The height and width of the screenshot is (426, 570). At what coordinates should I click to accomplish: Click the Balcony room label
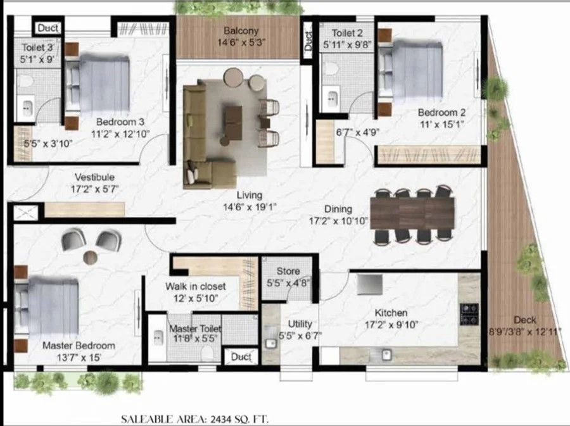tap(241, 31)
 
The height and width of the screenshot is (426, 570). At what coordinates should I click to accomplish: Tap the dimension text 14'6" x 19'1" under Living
tap(250, 208)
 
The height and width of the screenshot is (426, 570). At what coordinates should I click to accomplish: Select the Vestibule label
tap(94, 177)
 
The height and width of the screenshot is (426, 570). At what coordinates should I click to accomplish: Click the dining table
tap(412, 213)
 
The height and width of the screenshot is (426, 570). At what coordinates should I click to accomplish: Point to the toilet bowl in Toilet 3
tap(25, 80)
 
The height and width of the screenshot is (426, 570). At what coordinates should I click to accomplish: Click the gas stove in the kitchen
tap(469, 314)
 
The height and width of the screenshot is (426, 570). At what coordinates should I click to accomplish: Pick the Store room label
tap(288, 272)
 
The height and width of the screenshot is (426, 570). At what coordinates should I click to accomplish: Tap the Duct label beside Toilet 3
tap(48, 28)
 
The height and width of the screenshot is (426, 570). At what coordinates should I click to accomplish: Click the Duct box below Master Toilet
tap(241, 356)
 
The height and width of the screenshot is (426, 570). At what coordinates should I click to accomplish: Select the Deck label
tap(525, 320)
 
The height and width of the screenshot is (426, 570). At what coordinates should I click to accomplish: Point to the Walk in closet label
tap(196, 287)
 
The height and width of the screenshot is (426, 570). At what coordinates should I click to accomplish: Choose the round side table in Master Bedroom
tap(90, 258)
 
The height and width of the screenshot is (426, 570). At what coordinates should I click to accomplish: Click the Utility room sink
tap(270, 343)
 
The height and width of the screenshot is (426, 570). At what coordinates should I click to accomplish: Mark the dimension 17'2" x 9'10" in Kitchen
tap(391, 325)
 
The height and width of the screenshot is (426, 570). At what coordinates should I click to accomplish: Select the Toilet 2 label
tap(347, 33)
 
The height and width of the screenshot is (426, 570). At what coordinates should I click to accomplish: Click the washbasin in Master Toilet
tap(158, 338)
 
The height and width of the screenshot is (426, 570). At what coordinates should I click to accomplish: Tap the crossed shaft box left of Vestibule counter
tap(25, 213)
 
